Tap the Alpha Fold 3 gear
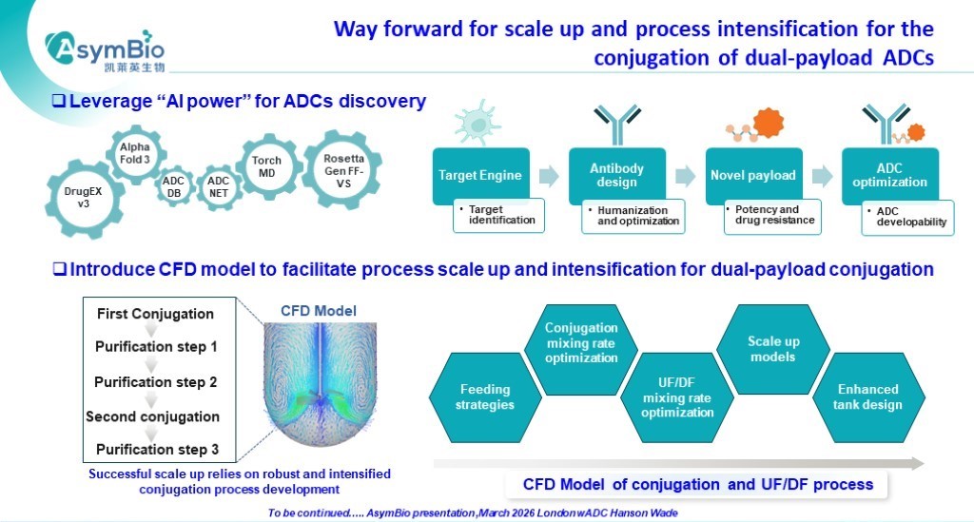point(135,153)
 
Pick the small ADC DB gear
point(173,187)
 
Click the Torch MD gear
point(266,166)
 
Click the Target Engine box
point(479,175)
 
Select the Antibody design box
point(616,175)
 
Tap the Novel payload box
point(753,175)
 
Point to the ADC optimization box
point(889,175)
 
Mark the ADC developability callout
point(906,216)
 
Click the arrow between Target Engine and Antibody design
point(548,176)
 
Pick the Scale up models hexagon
point(772,349)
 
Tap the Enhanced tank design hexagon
point(867,397)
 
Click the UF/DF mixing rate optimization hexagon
point(677,397)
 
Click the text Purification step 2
point(156,381)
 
